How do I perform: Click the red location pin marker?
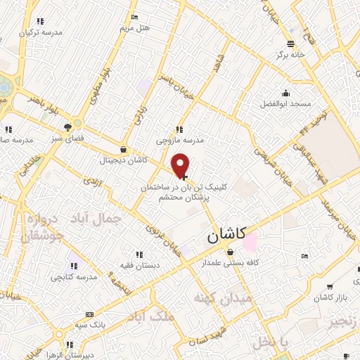[181, 165]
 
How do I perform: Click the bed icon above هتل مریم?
[135, 17]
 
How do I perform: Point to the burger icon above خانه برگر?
[289, 42]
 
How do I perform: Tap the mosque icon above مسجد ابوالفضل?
[286, 93]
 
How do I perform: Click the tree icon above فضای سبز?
[67, 127]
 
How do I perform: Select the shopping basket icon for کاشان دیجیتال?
[124, 149]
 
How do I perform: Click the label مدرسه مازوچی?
[185, 139]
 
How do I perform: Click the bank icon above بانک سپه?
[89, 314]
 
